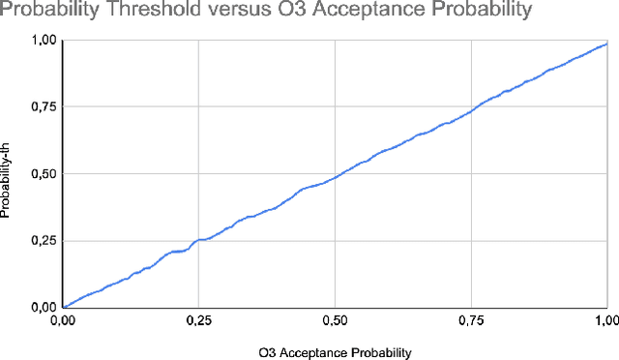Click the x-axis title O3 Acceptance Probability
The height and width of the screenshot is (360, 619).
click(335, 351)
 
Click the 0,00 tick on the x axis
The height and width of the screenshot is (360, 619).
click(63, 319)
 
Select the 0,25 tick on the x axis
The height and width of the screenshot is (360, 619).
click(198, 319)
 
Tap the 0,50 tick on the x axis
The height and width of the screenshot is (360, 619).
click(335, 319)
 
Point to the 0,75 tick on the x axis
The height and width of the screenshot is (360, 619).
click(471, 319)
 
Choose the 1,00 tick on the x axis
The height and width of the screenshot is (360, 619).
click(605, 319)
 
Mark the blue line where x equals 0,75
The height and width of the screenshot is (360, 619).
click(471, 109)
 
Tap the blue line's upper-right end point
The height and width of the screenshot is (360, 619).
click(606, 43)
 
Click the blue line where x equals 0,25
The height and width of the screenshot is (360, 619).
click(198, 240)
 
